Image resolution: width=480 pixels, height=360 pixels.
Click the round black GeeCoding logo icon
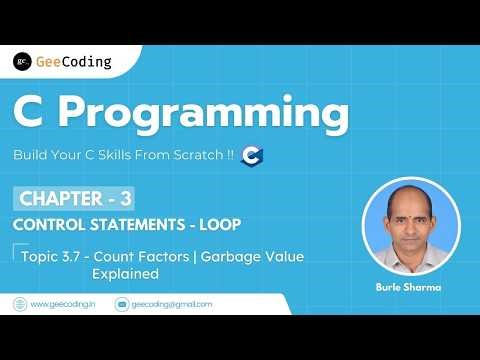click(x=22, y=61)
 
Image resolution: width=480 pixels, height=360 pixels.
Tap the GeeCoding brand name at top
click(x=73, y=61)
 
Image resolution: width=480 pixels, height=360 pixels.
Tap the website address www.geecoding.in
click(x=63, y=303)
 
